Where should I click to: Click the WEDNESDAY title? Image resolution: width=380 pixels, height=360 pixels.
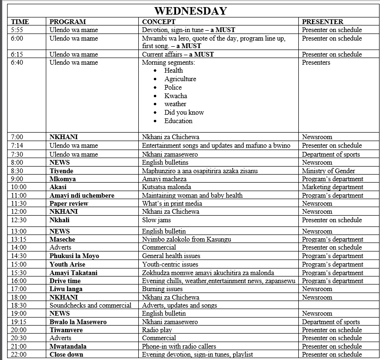tap(190, 10)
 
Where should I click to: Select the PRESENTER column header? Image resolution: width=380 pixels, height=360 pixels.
tap(322, 22)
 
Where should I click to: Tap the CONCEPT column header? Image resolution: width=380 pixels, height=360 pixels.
tap(159, 22)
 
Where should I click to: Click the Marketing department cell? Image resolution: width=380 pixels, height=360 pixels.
tap(332, 187)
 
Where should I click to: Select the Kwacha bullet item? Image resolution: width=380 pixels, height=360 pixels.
tap(176, 96)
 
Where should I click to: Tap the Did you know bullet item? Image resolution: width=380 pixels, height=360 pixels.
tap(184, 112)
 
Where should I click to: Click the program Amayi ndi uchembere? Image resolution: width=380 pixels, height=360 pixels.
tap(82, 195)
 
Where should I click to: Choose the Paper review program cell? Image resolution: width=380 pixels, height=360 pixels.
tap(69, 203)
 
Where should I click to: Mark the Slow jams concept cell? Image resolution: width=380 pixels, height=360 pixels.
tap(156, 220)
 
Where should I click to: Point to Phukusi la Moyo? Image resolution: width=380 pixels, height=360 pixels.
tap(74, 256)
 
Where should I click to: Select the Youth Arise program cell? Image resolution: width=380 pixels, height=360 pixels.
tap(68, 264)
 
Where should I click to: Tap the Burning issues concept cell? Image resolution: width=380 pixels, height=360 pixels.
tap(162, 289)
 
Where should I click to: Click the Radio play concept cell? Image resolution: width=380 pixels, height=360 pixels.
tap(157, 330)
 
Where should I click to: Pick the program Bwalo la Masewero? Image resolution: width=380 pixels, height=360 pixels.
tap(78, 322)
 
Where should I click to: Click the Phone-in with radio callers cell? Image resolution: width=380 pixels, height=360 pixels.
tap(179, 346)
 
